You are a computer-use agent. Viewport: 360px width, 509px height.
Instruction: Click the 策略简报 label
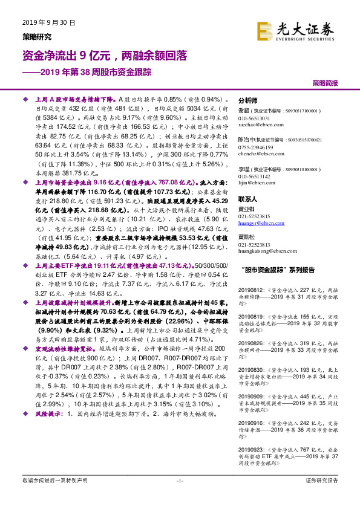(x=325, y=82)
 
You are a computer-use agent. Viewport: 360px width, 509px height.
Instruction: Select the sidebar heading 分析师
(x=248, y=100)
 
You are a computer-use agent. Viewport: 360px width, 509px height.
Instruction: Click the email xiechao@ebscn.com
(x=257, y=123)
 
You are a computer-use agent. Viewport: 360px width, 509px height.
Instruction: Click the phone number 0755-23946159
(x=256, y=147)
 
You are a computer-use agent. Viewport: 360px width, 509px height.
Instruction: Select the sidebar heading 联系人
(x=248, y=199)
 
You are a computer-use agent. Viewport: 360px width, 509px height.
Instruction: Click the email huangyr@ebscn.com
(x=258, y=223)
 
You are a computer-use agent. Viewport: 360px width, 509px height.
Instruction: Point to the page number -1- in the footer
(x=180, y=498)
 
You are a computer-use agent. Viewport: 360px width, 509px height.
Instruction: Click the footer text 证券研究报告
(x=322, y=497)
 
